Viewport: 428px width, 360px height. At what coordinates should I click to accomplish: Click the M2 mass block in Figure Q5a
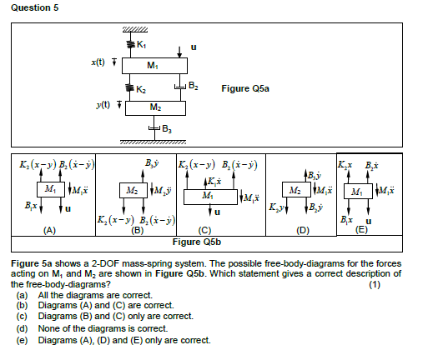coord(155,107)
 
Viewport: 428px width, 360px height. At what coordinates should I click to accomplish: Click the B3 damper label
coord(169,128)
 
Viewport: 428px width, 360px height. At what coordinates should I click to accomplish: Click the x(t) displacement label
coord(98,62)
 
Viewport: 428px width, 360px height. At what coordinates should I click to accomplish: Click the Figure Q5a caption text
coord(244,87)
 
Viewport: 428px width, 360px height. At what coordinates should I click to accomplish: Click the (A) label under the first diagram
coord(50,230)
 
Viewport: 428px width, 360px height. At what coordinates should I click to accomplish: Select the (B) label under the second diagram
coord(138,230)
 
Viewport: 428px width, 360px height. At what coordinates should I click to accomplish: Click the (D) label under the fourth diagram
coord(303,229)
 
